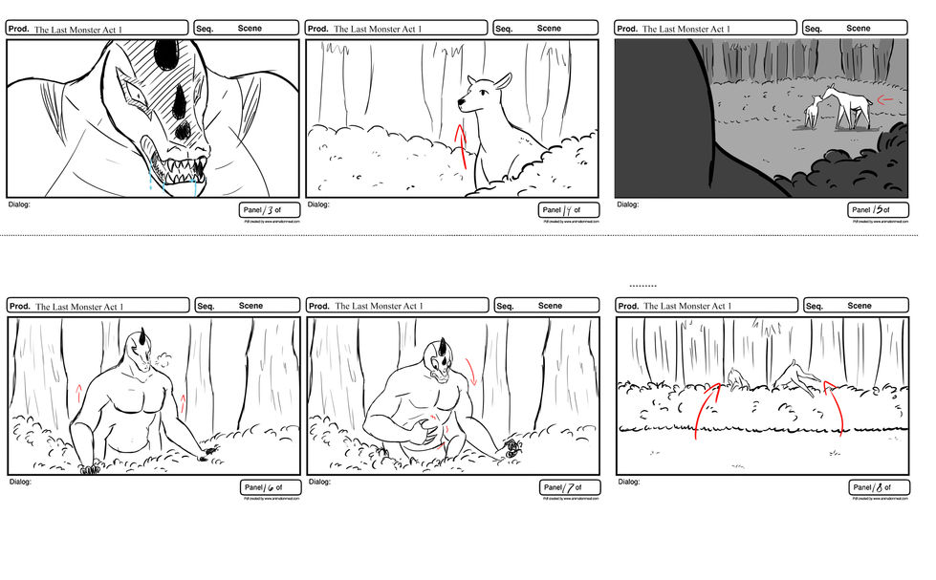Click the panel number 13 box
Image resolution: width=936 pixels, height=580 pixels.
(269, 210)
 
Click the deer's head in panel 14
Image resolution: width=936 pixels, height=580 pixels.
(484, 93)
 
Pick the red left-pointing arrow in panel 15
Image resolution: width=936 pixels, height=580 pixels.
(886, 99)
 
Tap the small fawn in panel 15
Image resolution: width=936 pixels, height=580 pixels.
(813, 112)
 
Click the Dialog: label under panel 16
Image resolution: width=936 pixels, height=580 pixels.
(20, 482)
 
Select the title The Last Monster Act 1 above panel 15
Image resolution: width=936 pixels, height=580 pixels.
(686, 30)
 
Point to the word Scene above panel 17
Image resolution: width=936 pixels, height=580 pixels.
(550, 306)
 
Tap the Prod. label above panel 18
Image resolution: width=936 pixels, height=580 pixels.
(628, 307)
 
